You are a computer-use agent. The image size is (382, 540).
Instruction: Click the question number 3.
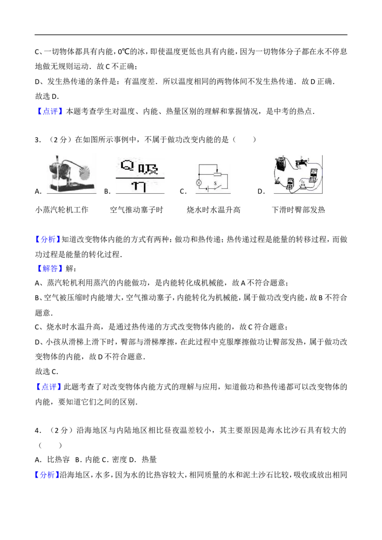point(37,140)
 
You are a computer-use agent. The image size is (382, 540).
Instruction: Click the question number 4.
point(37,430)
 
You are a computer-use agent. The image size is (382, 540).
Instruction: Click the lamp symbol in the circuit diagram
point(199,183)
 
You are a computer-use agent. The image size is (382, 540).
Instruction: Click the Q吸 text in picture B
point(139,167)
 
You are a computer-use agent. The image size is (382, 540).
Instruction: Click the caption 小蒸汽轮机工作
point(62,210)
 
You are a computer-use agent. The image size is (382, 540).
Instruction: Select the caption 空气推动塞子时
point(137,210)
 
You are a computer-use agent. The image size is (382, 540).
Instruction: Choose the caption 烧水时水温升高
point(214,210)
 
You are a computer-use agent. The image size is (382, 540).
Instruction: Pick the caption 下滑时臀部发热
point(298,210)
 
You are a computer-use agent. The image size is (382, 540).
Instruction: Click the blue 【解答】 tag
point(50,268)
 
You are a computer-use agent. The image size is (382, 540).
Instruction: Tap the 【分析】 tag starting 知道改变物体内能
point(48,239)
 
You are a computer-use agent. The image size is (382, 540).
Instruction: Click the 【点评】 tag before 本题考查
point(50,111)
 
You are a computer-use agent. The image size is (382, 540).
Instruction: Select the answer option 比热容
point(58,459)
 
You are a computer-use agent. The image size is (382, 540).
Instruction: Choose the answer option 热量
point(149,459)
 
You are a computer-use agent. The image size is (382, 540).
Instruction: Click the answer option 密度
point(119,459)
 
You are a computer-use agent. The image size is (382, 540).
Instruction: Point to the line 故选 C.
point(46,372)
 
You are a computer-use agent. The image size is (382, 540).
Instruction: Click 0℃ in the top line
point(123,52)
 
